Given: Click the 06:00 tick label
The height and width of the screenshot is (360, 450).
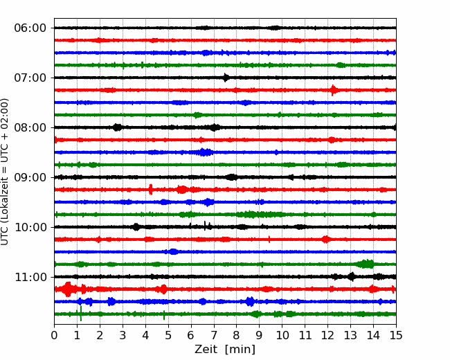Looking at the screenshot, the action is click(30, 28).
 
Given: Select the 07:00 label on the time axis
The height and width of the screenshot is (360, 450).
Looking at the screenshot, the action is click(30, 78).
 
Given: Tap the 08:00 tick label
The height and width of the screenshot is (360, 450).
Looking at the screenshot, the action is click(30, 128).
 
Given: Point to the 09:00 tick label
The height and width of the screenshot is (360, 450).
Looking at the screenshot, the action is click(30, 177).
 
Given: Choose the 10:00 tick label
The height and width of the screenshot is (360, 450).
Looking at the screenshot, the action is click(30, 227).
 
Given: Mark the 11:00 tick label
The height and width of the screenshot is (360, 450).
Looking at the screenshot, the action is click(30, 278).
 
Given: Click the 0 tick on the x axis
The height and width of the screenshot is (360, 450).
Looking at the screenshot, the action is click(54, 335).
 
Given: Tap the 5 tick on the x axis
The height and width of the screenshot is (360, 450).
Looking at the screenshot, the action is click(168, 335).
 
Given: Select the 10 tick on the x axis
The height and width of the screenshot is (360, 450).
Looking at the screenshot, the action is click(282, 335).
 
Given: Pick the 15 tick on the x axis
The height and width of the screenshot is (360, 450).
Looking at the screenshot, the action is click(396, 335).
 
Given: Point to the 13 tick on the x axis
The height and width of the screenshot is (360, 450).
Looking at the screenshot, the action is click(350, 335).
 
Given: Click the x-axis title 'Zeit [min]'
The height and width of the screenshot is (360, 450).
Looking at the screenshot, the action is click(225, 350).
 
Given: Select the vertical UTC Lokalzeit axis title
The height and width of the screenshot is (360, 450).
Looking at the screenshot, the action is click(4, 172).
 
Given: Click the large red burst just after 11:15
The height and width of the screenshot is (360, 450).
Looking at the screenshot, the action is click(68, 289).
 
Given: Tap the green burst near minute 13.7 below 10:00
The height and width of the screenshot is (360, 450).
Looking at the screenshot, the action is click(366, 264).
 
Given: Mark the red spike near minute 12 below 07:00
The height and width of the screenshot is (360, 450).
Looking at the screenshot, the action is click(333, 90).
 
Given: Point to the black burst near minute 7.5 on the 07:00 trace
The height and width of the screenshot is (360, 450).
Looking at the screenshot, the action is click(226, 78).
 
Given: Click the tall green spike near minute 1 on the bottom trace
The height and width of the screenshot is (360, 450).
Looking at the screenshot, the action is click(81, 314).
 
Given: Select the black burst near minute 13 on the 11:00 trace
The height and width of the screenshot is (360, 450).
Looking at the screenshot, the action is click(352, 277).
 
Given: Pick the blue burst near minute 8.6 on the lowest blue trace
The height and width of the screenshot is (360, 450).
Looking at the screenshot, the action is click(250, 301).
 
